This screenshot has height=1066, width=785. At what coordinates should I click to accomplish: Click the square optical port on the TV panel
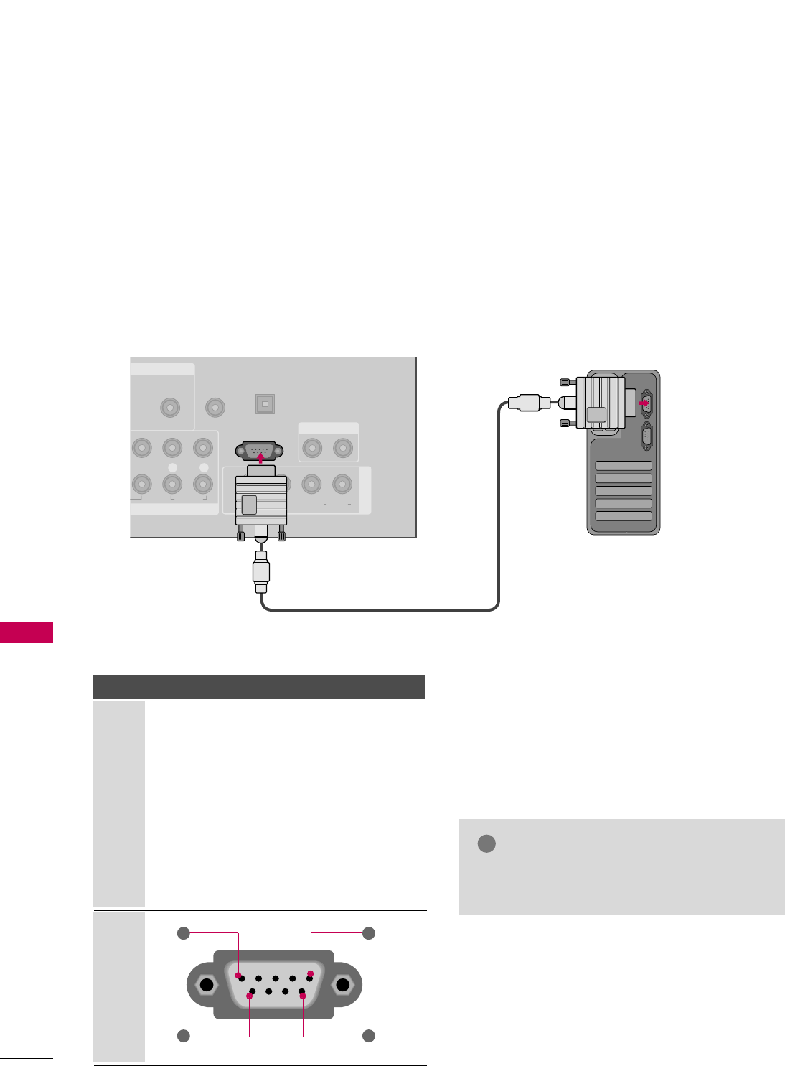265,404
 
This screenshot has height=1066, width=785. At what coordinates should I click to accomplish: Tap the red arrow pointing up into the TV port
260,457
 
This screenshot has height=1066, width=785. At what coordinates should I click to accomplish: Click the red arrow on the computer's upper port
644,403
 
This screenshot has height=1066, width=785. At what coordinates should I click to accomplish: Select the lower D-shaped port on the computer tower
646,438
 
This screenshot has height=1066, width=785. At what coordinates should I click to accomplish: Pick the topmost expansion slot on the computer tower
624,466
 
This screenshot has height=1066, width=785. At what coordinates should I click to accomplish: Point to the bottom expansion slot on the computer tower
624,516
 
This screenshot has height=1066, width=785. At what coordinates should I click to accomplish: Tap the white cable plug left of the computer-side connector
529,403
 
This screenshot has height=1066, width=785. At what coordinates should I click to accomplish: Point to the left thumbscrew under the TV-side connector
240,533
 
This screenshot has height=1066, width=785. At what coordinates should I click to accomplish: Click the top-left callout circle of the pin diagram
184,933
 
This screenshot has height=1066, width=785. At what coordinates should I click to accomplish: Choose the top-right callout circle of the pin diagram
369,933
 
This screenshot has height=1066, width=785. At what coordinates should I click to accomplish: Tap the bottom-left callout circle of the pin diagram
184,1036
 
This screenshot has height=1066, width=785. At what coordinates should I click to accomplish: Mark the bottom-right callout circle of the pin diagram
369,1036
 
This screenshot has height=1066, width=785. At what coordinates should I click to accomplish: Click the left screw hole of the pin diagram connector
207,985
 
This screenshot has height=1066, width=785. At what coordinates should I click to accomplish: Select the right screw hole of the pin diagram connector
343,985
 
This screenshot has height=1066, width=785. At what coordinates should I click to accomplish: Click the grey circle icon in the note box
486,843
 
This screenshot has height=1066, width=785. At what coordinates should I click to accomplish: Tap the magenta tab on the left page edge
27,633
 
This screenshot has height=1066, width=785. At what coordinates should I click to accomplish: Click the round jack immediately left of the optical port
215,408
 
